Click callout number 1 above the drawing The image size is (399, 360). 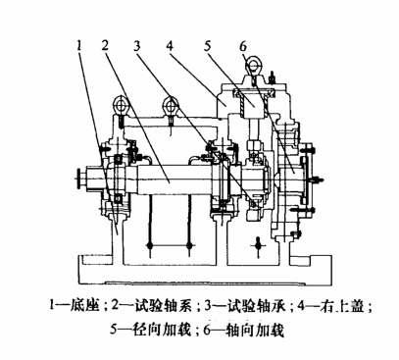pos(79,45)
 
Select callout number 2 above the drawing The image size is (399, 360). pos(105,45)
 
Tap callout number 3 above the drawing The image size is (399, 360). pos(137,45)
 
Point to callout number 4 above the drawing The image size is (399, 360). pos(170,45)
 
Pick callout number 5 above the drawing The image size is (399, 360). pos(208,45)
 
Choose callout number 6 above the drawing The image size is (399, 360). pos(243,46)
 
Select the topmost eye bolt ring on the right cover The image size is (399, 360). pos(253,64)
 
